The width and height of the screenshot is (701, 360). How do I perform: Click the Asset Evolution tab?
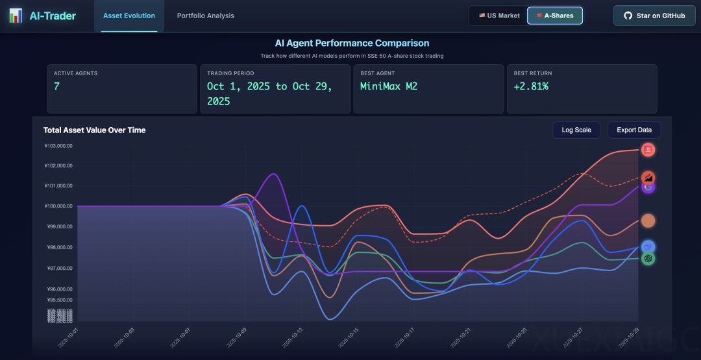129,16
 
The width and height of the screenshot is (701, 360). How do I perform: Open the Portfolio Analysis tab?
206,16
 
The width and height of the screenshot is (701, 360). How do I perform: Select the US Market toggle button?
499,16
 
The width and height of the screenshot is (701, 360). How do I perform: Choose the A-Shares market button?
555,16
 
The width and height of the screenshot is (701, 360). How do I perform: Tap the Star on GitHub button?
654,16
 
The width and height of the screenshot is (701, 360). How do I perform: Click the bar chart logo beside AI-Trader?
15,16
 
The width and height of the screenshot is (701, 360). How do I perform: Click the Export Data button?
634,130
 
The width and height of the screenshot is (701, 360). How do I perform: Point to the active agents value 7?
56,86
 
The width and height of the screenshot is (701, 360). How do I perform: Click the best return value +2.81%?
531,86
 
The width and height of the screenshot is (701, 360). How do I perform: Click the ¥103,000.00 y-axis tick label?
58,146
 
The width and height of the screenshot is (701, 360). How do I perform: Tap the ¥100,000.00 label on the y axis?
58,206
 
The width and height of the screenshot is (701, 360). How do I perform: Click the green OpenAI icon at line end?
648,258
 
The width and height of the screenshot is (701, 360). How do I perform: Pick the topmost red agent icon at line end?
648,150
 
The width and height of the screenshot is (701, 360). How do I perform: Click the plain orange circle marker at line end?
648,221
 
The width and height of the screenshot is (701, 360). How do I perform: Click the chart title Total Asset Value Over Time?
94,130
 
